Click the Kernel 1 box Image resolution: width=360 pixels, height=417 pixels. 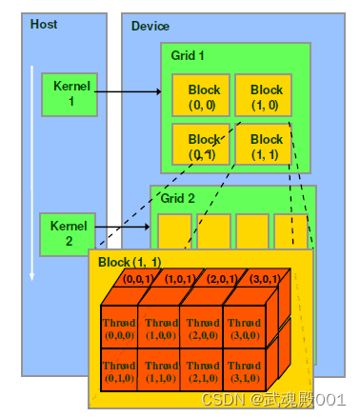[69, 93]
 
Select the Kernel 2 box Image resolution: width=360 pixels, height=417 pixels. [67, 233]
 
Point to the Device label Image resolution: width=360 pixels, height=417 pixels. [150, 26]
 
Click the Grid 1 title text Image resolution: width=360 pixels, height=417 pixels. [189, 56]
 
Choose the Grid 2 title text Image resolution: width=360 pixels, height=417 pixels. [179, 200]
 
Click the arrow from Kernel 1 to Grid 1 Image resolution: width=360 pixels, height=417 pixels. [129, 92]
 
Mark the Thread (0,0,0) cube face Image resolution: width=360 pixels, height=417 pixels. [119, 328]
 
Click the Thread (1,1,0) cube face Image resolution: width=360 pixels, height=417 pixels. [160, 371]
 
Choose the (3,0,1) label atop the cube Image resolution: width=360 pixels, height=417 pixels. [264, 280]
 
